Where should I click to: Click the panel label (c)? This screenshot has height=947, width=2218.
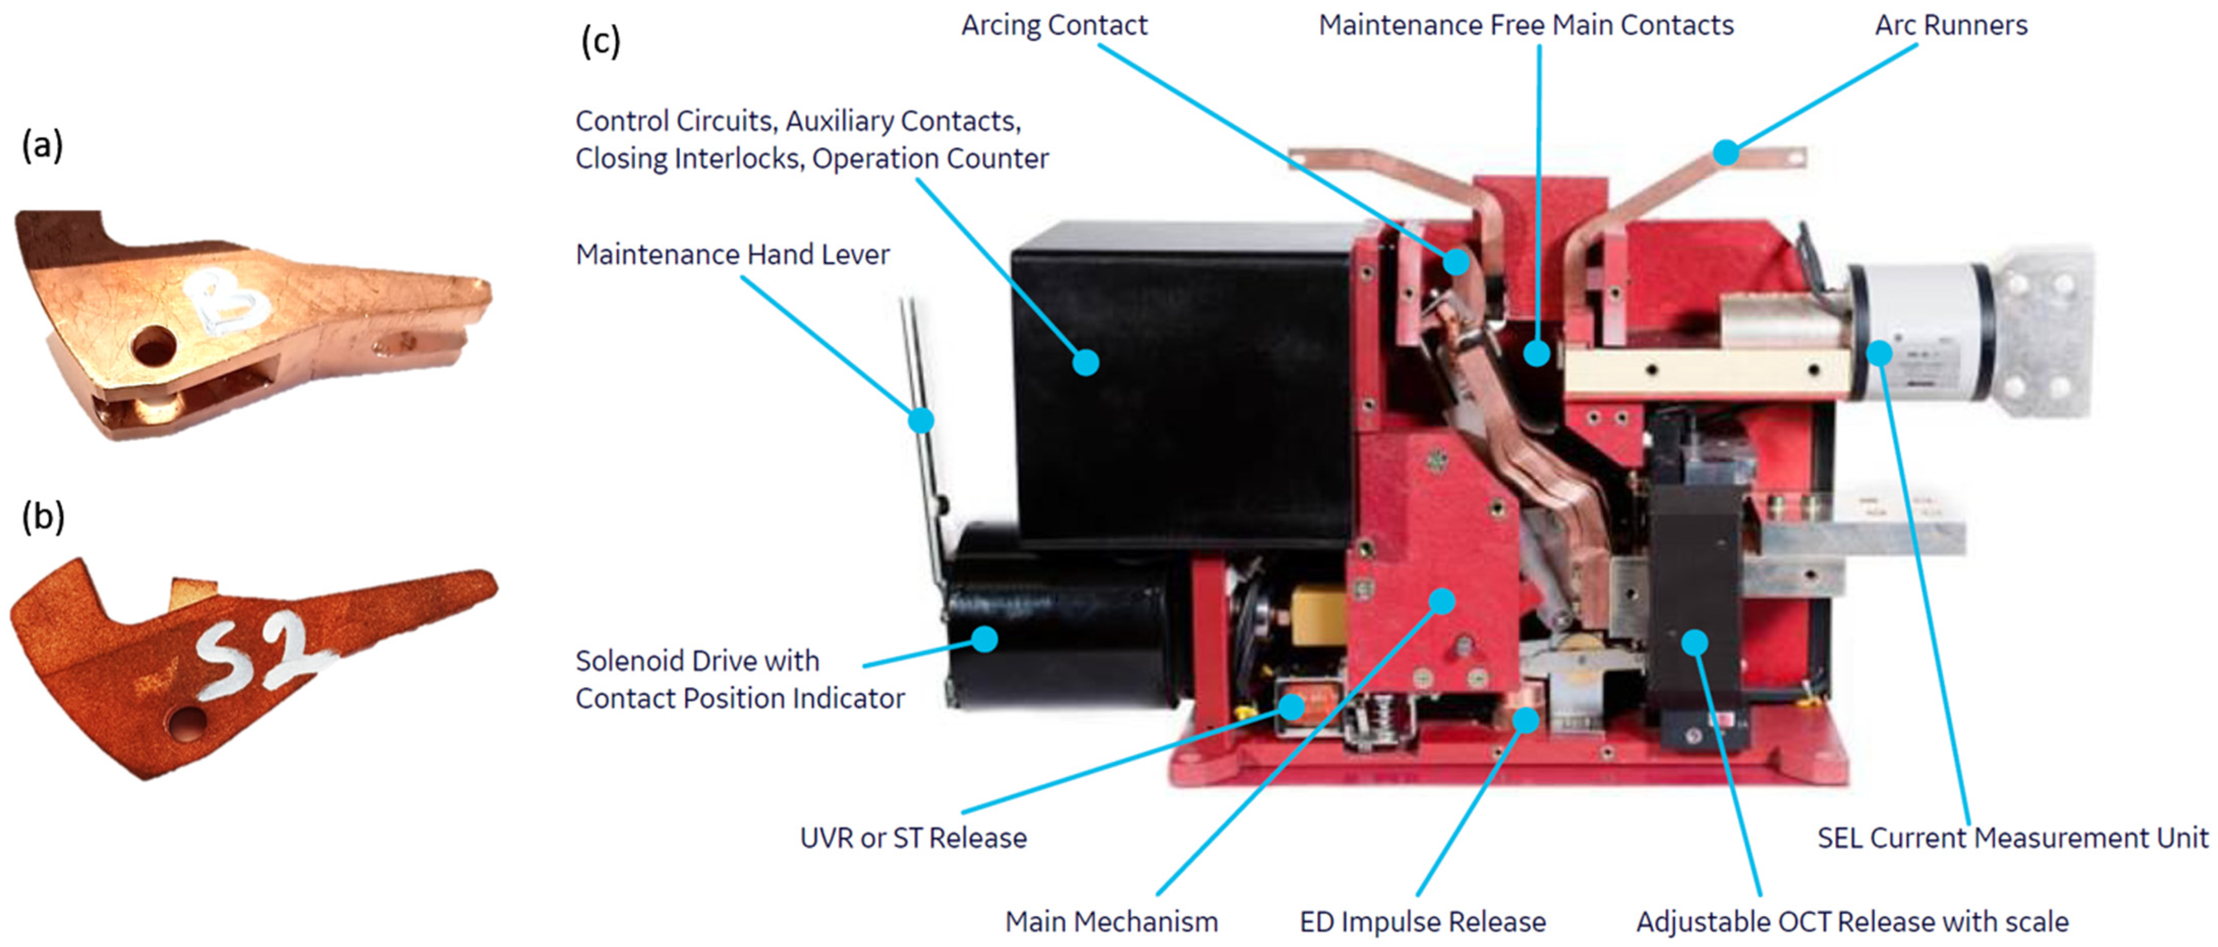tap(600, 41)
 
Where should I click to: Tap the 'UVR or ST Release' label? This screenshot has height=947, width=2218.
tap(913, 838)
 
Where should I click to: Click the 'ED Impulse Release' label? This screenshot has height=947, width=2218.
tap(1422, 922)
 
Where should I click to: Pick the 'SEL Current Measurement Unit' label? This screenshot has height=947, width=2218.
tap(2012, 838)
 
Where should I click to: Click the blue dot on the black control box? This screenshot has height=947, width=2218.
tap(1086, 363)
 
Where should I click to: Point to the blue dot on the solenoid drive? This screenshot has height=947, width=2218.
tap(984, 639)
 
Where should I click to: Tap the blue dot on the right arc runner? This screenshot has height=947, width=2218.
tap(1725, 153)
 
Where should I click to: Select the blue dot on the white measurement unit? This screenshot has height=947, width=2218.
tap(1879, 353)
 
